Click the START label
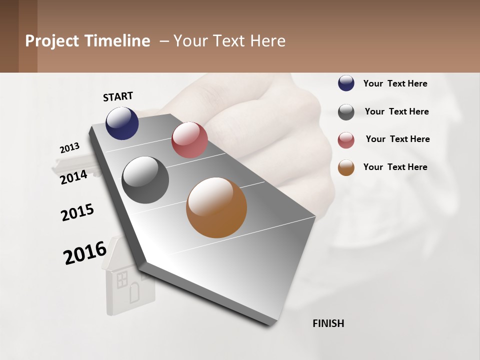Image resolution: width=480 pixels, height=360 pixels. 118,96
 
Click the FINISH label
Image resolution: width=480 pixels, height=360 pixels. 328,323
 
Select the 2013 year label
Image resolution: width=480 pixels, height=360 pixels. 69,148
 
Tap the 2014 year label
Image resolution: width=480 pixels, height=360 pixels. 73,177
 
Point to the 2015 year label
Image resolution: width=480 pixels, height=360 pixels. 77,212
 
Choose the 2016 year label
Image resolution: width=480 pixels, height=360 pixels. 85,252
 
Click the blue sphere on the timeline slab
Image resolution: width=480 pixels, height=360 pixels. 122,123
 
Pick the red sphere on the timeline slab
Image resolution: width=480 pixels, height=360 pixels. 189,140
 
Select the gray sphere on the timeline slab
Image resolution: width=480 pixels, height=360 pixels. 145,180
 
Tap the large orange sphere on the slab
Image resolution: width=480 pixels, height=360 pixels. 216,207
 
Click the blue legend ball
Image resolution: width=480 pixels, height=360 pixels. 346,83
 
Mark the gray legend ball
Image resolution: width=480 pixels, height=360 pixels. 346,112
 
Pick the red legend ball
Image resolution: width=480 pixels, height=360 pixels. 346,140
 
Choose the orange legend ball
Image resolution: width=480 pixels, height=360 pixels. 346,167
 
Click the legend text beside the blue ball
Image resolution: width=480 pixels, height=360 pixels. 395,83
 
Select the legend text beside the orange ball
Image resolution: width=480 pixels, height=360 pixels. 395,167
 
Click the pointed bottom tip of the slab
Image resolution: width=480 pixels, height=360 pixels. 270,324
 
